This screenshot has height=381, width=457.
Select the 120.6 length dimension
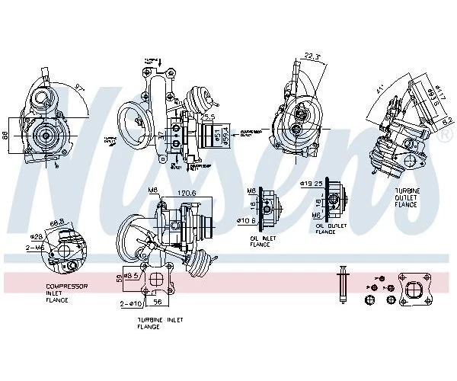point(187,194)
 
